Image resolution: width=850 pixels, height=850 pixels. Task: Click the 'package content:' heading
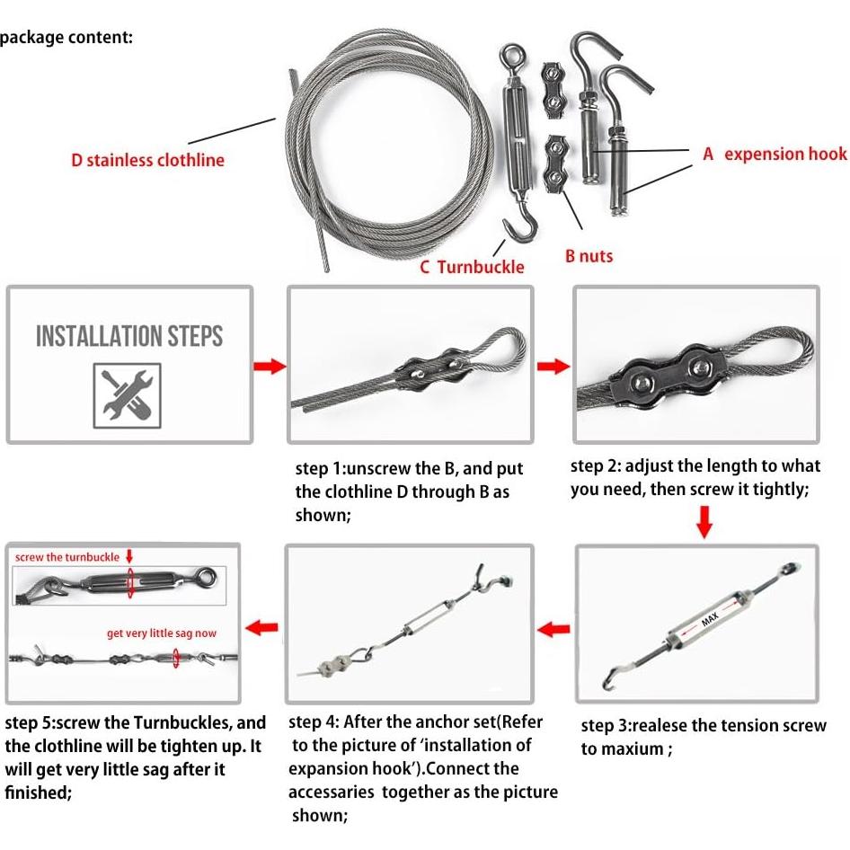tap(66, 38)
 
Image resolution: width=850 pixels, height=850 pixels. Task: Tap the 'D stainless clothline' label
tap(148, 161)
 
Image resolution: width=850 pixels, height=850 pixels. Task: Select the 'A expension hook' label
tap(775, 155)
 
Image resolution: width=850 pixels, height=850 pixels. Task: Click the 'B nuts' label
tap(589, 256)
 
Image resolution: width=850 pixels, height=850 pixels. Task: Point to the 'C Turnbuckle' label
tap(472, 267)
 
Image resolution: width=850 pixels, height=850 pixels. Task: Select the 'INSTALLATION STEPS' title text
tap(129, 337)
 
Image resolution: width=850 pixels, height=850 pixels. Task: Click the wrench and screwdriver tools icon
tap(127, 394)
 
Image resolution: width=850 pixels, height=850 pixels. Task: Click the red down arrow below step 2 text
tap(704, 521)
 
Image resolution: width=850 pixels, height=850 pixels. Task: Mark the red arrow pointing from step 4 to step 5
tap(262, 626)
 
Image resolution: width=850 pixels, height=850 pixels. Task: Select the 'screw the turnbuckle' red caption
tap(66, 557)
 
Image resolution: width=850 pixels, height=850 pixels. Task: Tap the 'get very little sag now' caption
tap(162, 633)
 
